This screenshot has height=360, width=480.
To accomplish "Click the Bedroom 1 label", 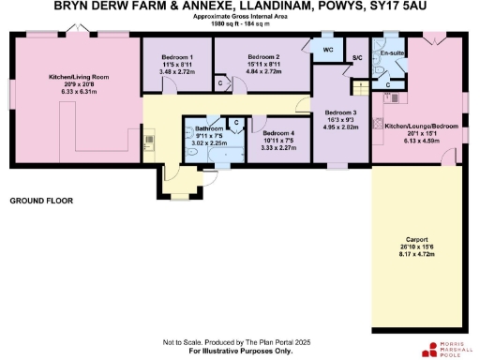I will pyautogui.click(x=177, y=58).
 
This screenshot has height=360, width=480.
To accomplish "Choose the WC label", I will pyautogui.click(x=328, y=49).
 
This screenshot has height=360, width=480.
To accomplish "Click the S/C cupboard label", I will pyautogui.click(x=357, y=58).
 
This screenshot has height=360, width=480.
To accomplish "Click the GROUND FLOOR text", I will pyautogui.click(x=41, y=202).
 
